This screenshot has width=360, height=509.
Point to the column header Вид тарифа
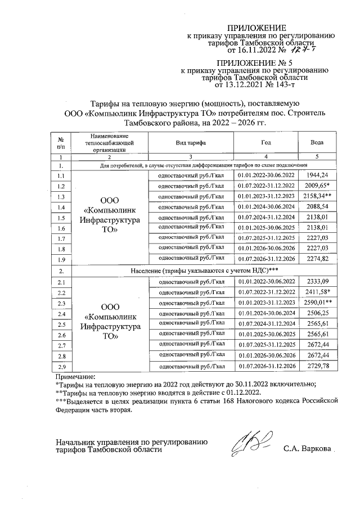(190, 143)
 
